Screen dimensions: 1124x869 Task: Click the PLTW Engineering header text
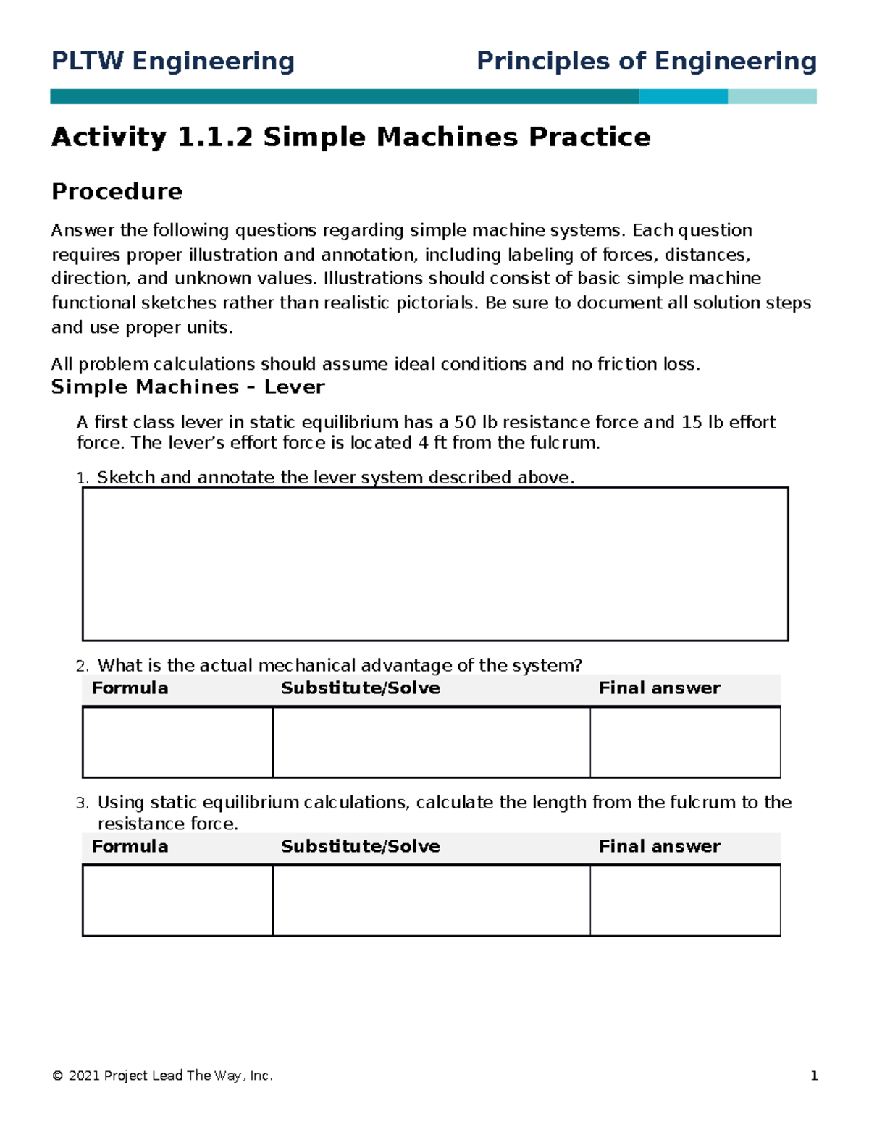tap(172, 62)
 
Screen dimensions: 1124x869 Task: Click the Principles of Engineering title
tap(646, 62)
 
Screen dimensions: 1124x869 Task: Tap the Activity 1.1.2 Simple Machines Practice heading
tap(350, 137)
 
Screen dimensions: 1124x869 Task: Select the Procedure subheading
tap(117, 192)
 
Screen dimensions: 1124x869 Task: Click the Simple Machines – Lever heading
tap(188, 387)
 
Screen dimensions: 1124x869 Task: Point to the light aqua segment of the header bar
tap(772, 97)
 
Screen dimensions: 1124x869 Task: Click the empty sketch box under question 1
tap(434, 564)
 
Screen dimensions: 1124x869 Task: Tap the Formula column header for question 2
tap(130, 688)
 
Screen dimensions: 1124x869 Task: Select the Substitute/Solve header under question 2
tap(360, 688)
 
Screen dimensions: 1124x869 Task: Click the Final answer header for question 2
tap(659, 688)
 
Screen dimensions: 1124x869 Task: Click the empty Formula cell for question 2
tap(177, 742)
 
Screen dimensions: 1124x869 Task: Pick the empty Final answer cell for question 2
tap(685, 742)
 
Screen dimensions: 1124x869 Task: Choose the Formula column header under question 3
tap(130, 847)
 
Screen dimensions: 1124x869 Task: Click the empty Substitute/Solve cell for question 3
tap(431, 900)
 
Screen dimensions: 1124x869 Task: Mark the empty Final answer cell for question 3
tap(685, 900)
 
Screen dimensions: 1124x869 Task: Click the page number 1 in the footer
tap(814, 1076)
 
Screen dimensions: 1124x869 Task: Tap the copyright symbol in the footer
tap(57, 1076)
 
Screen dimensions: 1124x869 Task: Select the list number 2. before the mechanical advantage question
tap(82, 667)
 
